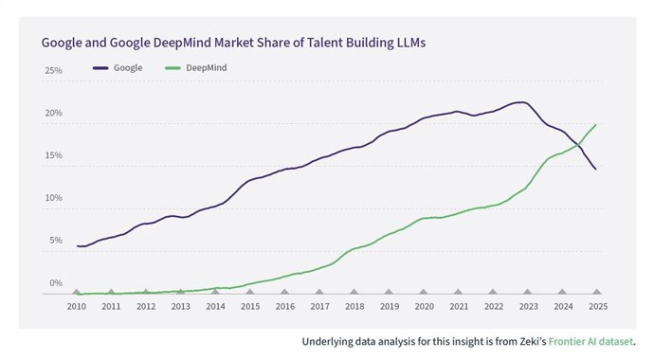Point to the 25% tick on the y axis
pos(54,71)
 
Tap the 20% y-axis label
pos(54,114)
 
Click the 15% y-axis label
pos(54,155)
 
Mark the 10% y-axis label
pos(54,198)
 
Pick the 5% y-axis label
pos(56,241)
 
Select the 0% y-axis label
pos(56,282)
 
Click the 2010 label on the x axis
pos(77,307)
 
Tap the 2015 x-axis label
pos(250,307)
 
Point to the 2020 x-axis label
pos(424,307)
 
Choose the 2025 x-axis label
pos(596,307)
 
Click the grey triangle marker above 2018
pos(354,293)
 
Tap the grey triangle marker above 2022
pos(493,293)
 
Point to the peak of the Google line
pos(520,102)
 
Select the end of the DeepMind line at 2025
pos(595,124)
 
